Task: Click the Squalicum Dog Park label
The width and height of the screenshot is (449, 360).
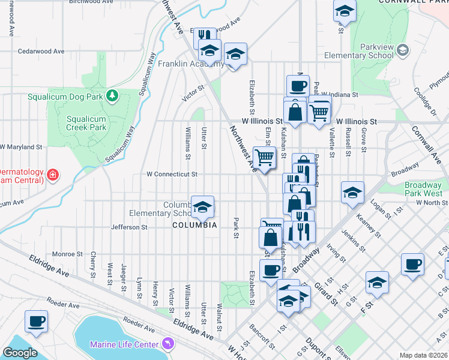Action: (65, 96)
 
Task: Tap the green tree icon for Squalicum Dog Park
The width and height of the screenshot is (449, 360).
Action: (112, 95)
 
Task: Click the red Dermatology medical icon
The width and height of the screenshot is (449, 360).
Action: (53, 175)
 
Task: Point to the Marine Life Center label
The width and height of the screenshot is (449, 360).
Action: (124, 344)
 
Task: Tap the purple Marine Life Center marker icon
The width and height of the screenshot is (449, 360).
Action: (167, 344)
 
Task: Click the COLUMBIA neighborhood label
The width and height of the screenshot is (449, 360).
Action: (194, 226)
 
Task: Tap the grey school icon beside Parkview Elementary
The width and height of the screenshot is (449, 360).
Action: (403, 52)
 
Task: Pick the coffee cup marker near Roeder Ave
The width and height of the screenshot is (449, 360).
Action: (36, 320)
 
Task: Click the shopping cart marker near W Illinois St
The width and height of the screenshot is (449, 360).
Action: (319, 111)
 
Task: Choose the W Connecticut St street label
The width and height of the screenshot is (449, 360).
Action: (172, 175)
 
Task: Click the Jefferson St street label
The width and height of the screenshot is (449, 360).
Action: (129, 227)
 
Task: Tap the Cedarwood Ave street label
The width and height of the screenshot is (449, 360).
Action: (41, 51)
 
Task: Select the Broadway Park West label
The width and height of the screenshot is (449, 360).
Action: (423, 190)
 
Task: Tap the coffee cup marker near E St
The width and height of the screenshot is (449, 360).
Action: (413, 264)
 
